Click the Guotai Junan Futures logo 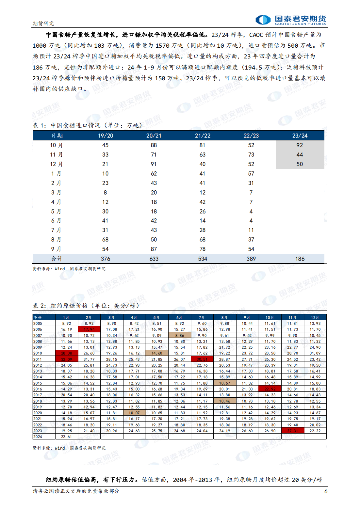point(290,20)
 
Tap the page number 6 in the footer point(325,491)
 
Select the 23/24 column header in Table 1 point(300,135)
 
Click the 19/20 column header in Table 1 point(105,135)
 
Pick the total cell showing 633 point(154,259)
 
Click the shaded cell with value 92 point(300,145)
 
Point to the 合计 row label point(57,259)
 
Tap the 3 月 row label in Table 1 point(57,193)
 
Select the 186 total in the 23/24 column point(300,259)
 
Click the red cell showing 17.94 point(89,329)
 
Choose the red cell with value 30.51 point(202,359)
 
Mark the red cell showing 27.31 point(292,431)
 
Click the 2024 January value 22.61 point(66,437)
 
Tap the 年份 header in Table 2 point(38,317)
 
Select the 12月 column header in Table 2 point(315,317)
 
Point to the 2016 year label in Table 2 point(38,389)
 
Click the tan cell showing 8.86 point(179,335)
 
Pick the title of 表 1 point(88,125)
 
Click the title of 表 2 point(86,306)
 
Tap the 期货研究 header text point(43,24)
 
